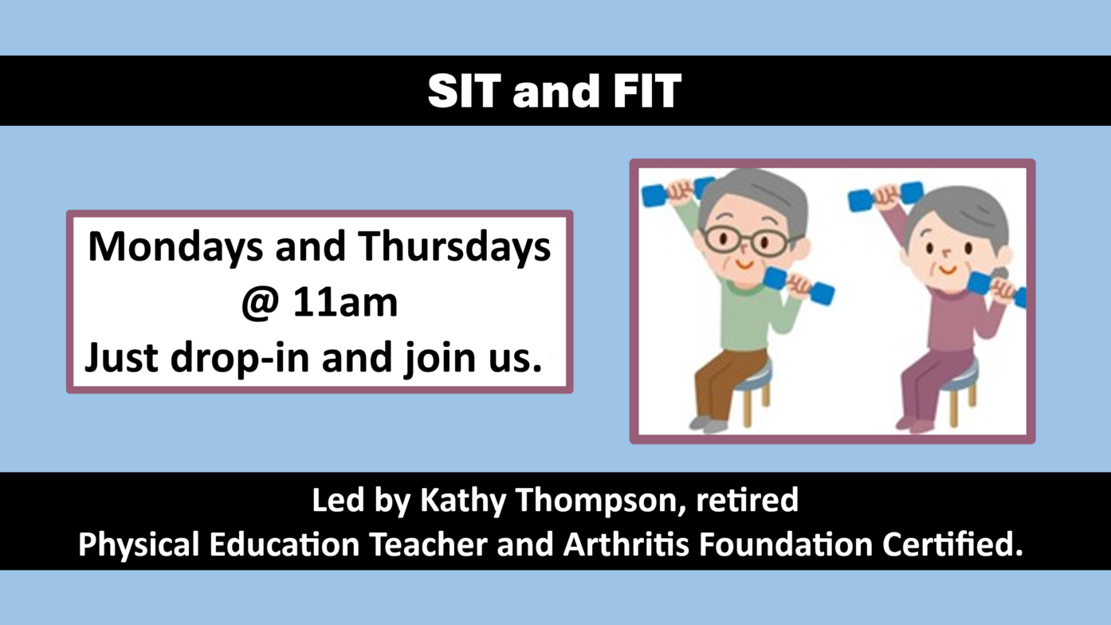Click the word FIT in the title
click(x=647, y=91)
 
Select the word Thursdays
click(x=455, y=247)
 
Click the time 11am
click(x=346, y=302)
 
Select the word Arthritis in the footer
click(x=626, y=544)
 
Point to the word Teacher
click(x=429, y=544)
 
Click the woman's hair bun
click(x=1000, y=274)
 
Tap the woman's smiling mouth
click(x=948, y=270)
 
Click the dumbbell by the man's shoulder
click(x=799, y=286)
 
